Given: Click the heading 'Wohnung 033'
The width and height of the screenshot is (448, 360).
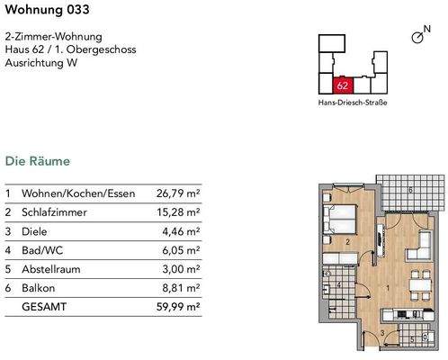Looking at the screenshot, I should coord(43,10).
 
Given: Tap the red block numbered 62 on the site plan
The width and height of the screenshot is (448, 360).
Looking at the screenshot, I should coord(342,85).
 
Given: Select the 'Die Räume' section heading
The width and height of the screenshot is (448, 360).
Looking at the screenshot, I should coord(37,162).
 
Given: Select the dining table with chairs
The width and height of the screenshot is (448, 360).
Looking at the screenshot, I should coord(417,287).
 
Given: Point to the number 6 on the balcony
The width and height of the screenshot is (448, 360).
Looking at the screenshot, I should coord(410,191).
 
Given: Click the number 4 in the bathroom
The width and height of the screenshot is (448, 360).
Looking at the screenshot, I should coord(338,284).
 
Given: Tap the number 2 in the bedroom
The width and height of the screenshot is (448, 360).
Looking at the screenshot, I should coord(347,241).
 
